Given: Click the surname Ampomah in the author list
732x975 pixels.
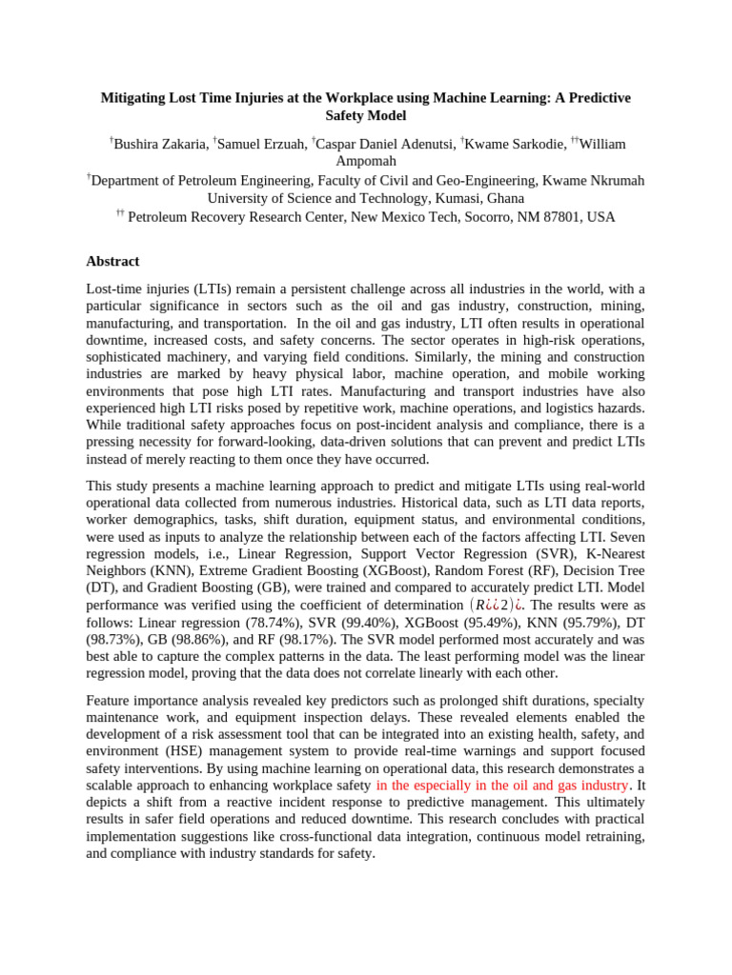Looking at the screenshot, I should [x=366, y=161].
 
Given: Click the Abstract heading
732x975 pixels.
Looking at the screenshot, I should [x=112, y=261].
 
